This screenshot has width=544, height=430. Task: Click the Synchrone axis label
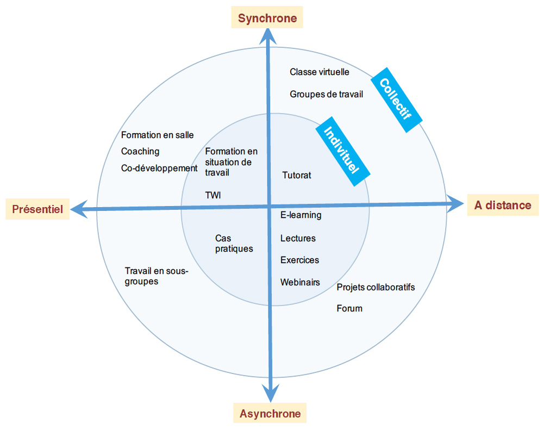click(267, 18)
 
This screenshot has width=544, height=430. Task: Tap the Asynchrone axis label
click(270, 413)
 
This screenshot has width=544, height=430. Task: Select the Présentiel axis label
click(37, 209)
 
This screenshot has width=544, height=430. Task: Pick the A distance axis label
click(503, 205)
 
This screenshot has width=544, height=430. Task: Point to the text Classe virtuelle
click(320, 72)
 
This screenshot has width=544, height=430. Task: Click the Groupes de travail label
click(326, 94)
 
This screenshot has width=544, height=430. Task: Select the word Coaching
click(140, 152)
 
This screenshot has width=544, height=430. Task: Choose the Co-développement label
click(159, 169)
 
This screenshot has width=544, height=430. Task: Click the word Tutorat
click(297, 176)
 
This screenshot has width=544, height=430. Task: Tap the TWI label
click(213, 195)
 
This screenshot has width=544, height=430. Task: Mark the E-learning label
click(301, 215)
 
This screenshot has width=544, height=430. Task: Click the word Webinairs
click(300, 283)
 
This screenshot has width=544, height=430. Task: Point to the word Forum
click(349, 309)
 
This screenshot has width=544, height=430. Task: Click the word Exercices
click(299, 260)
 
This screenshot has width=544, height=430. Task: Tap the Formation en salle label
click(157, 135)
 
